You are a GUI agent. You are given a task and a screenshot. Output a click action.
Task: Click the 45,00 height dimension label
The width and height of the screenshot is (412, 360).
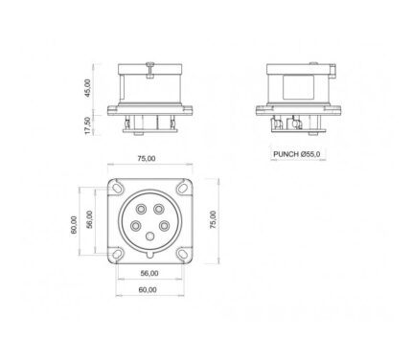click(x=88, y=88)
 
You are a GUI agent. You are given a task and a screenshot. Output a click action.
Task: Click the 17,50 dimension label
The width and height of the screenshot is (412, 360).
click(x=88, y=125)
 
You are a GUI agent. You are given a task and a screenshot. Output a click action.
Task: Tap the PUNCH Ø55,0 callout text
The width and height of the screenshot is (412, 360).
click(x=297, y=154)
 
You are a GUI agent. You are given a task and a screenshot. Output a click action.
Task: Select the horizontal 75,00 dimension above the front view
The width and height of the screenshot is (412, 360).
click(x=147, y=158)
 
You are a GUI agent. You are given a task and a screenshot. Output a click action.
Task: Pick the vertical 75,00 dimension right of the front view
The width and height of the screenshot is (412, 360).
click(x=213, y=219)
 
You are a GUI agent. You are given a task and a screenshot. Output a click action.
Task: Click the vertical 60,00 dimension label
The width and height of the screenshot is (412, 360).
click(x=74, y=225)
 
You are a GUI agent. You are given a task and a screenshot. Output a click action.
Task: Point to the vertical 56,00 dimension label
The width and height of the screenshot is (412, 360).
click(x=89, y=219)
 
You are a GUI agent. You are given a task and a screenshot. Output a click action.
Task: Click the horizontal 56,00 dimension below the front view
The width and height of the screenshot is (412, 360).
click(x=149, y=273)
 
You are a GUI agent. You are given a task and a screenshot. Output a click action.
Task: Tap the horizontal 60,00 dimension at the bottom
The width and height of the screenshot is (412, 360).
click(x=148, y=290)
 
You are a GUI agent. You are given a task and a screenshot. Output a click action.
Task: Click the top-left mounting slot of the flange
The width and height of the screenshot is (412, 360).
click(x=117, y=187)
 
